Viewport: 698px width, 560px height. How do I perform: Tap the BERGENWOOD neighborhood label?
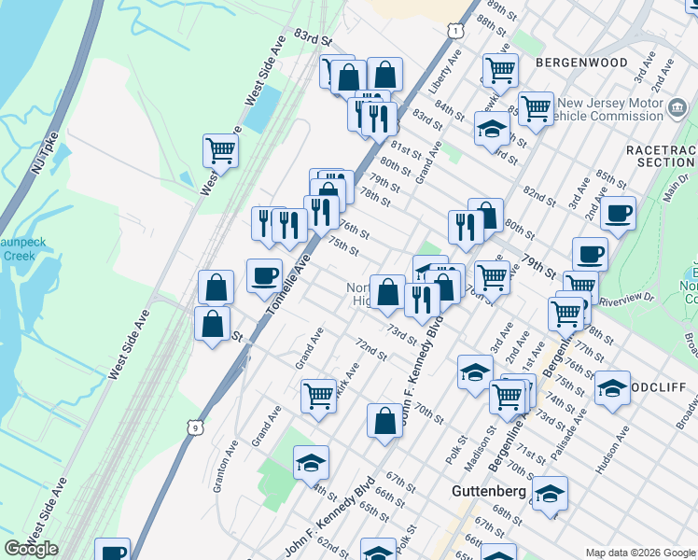[581, 63]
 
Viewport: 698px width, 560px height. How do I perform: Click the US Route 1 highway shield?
[454, 32]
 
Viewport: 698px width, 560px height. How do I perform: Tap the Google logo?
[31, 549]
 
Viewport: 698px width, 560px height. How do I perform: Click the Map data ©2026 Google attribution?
[639, 553]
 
